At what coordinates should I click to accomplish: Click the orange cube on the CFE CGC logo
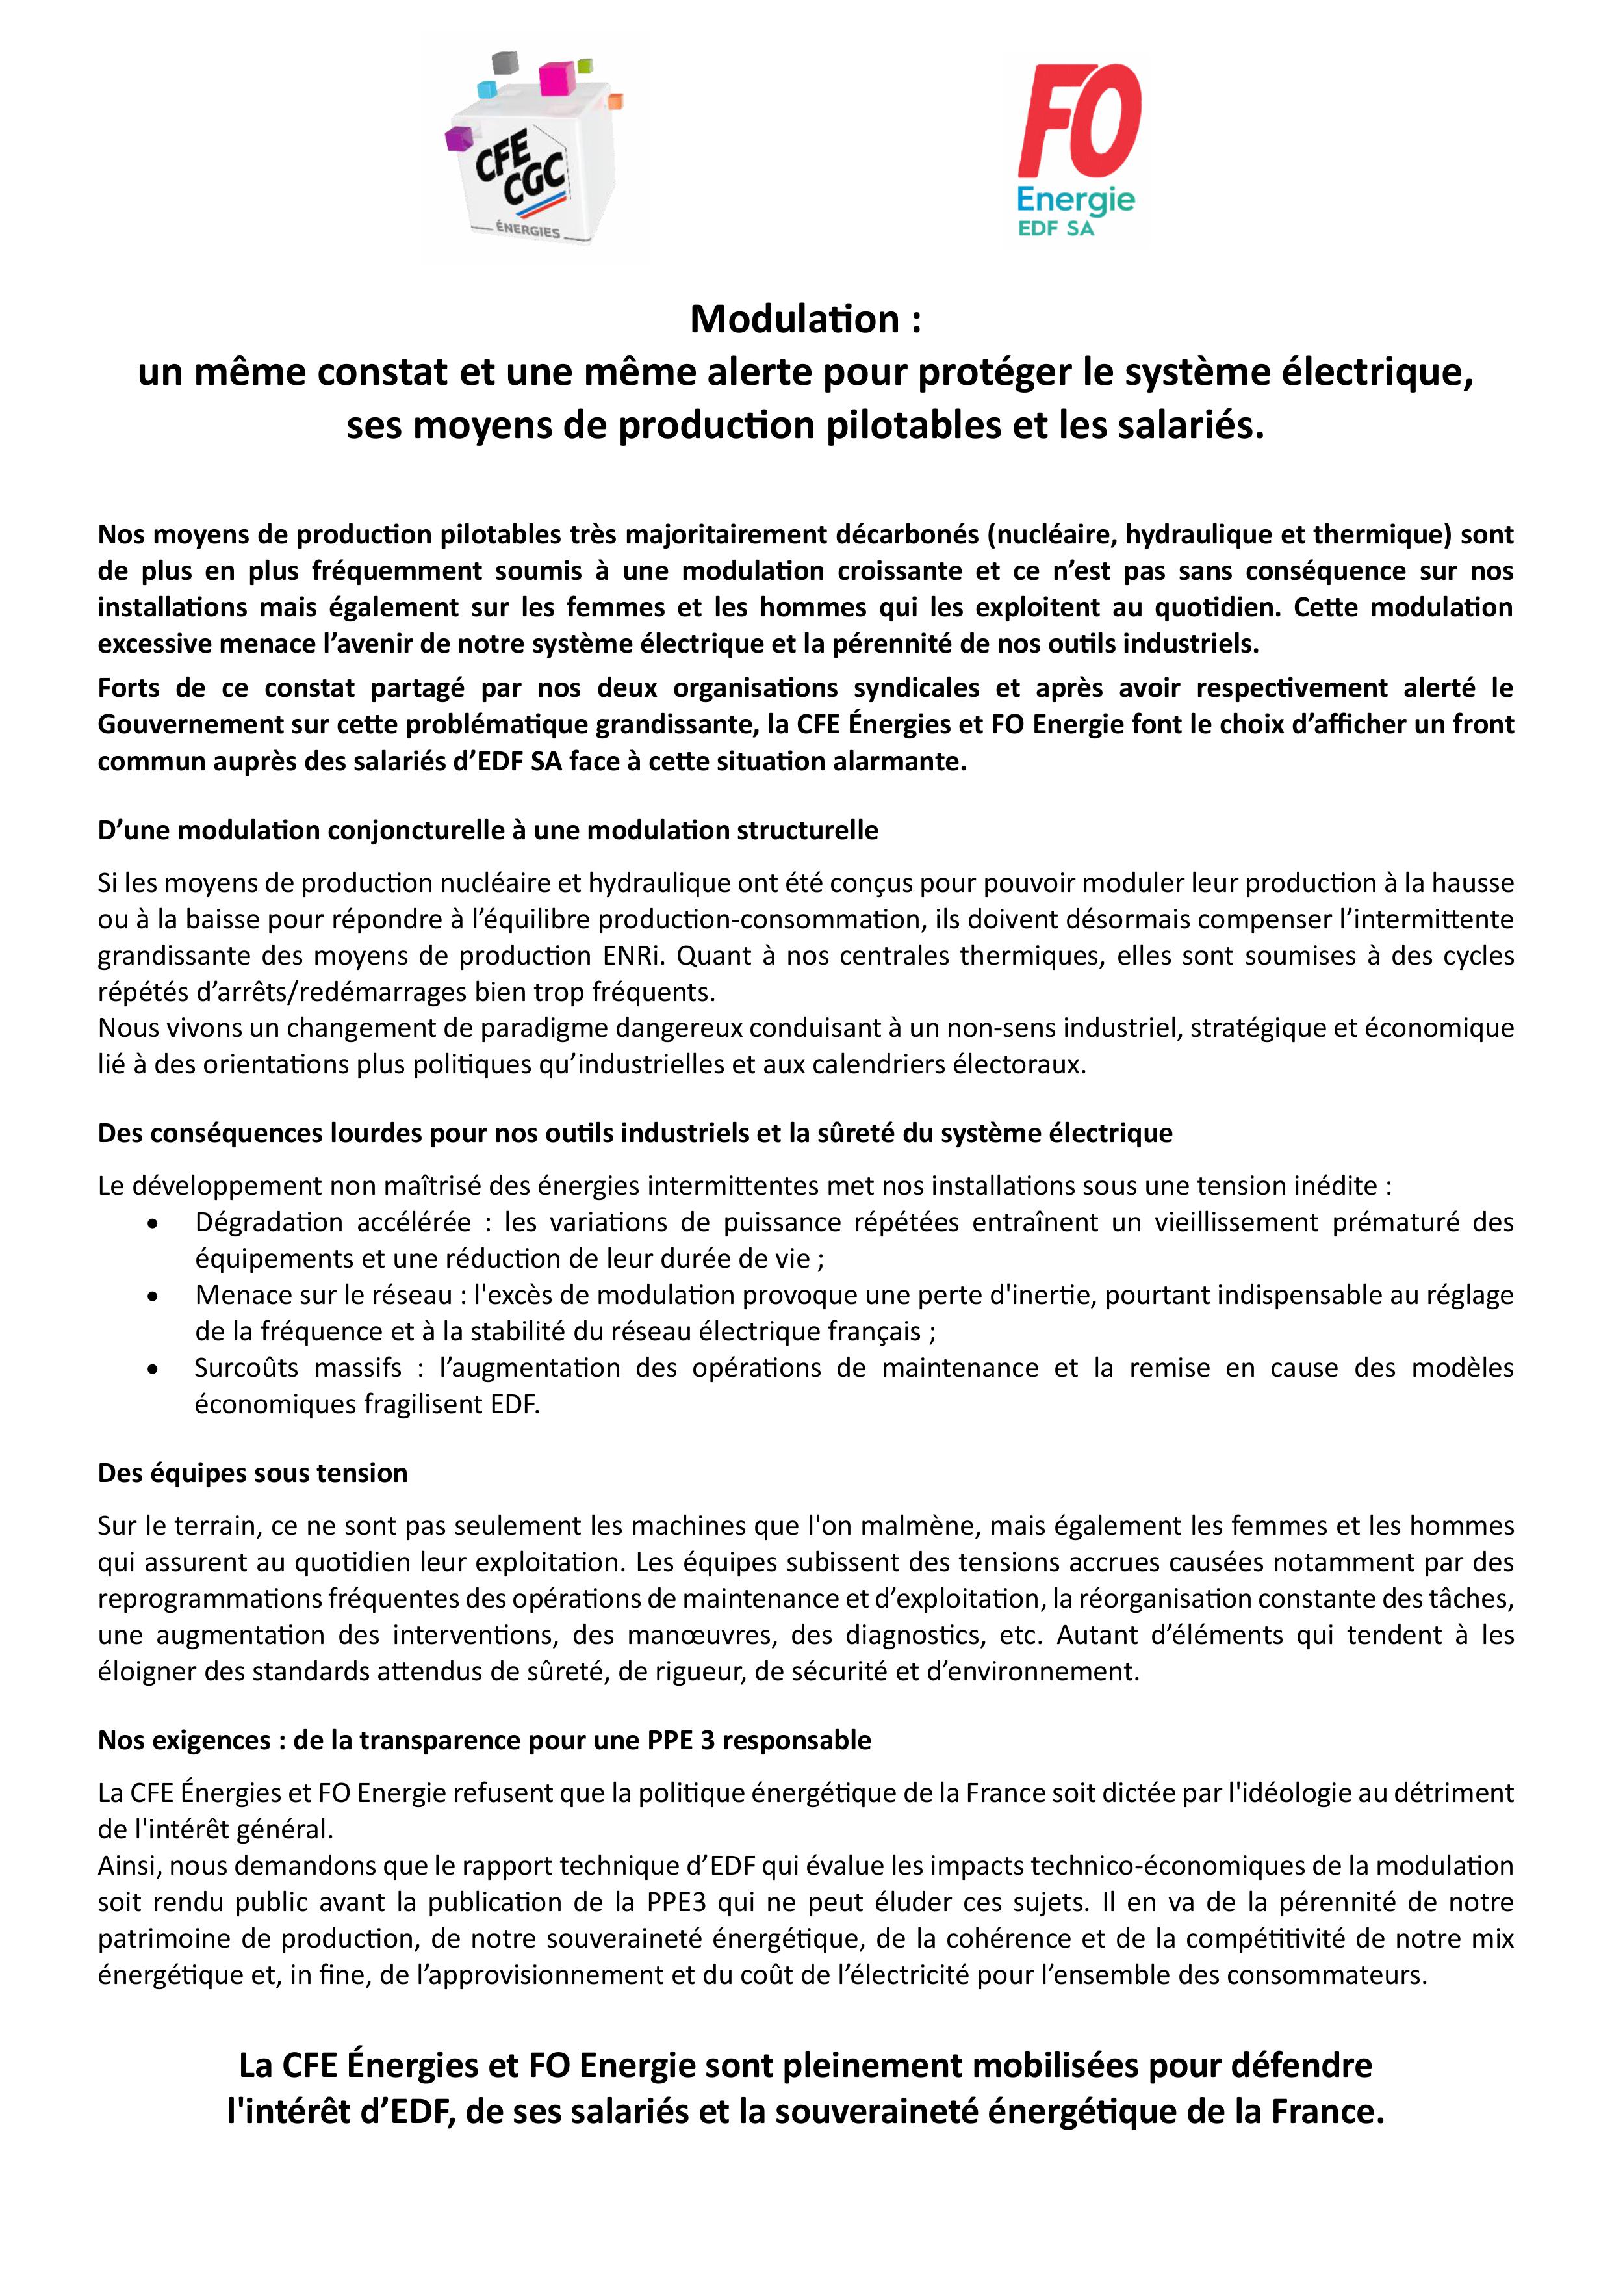(x=614, y=100)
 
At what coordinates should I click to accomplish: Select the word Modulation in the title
(x=793, y=319)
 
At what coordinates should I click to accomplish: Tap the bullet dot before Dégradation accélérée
(x=152, y=1224)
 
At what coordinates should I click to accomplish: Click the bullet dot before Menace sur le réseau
(x=152, y=1296)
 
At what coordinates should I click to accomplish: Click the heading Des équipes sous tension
(x=252, y=1472)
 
